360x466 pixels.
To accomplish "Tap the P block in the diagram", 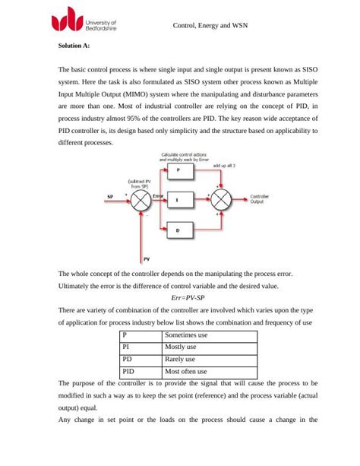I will click(178, 172).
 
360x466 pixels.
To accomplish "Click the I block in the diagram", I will click(178, 200).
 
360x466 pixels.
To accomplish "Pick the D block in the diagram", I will click(178, 230).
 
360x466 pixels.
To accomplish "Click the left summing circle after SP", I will click(141, 200).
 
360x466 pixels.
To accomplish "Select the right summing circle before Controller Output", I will click(220, 200).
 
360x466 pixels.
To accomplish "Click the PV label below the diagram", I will click(146, 259).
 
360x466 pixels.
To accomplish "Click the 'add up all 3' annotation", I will click(223, 165).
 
